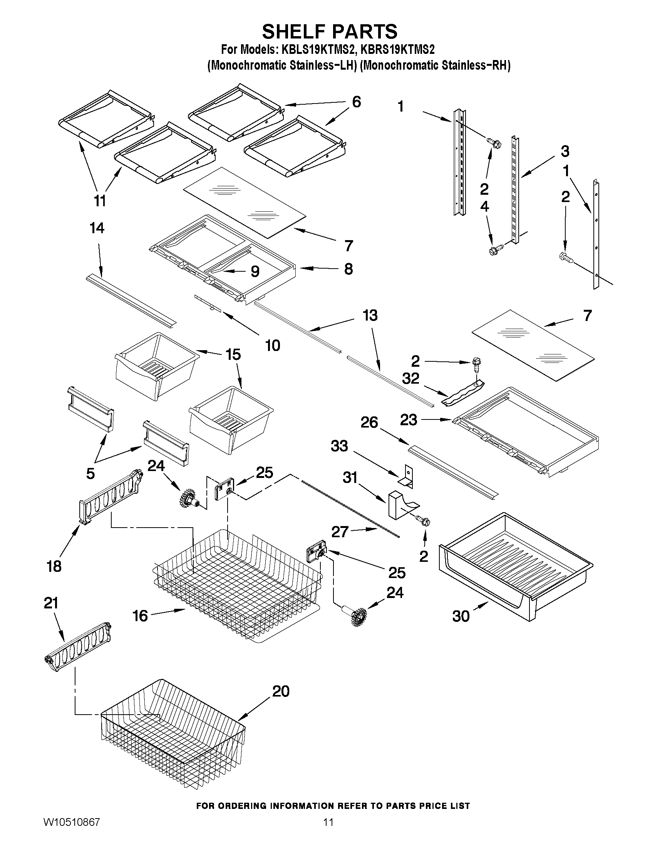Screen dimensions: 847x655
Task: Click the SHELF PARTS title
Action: [x=330, y=32]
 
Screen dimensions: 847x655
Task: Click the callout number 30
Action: [x=461, y=616]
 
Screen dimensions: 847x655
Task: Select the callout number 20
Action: [x=281, y=691]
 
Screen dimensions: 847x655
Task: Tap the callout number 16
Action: [x=140, y=615]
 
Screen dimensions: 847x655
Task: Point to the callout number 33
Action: [x=339, y=446]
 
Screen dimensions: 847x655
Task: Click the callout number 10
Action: [x=272, y=345]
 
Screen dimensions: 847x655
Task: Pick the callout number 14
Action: [x=97, y=228]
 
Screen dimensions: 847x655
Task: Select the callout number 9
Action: [x=255, y=271]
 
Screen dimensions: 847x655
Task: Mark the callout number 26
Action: [x=369, y=422]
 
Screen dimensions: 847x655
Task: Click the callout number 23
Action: [x=409, y=419]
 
